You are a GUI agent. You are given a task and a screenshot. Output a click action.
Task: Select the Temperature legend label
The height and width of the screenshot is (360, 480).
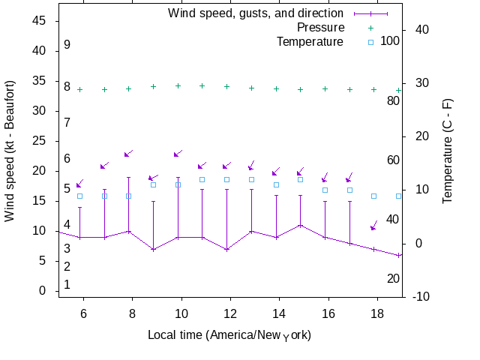[x=310, y=41]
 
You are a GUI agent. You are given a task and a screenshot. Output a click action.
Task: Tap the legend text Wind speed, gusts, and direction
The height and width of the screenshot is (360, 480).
[x=256, y=13]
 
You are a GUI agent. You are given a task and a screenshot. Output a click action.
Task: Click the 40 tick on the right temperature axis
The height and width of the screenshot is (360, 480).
[x=421, y=30]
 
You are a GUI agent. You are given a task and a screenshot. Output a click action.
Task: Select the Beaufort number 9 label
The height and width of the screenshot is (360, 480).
[x=67, y=45]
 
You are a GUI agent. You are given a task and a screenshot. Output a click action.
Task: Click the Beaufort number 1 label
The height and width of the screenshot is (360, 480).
[x=67, y=284]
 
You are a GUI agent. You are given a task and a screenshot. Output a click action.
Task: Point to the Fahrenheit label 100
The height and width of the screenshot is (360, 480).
[x=390, y=40]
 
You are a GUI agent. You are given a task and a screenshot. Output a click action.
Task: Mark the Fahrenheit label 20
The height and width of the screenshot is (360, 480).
[x=393, y=278]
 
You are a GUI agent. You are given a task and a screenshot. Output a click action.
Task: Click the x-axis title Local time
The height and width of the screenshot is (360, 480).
[x=229, y=334]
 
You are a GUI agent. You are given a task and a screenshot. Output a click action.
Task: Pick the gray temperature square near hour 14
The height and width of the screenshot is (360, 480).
[x=276, y=184]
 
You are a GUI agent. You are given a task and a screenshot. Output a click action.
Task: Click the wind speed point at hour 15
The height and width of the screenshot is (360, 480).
[x=301, y=225]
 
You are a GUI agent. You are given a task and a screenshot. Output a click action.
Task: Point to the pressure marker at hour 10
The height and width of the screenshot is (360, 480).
[x=178, y=85]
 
